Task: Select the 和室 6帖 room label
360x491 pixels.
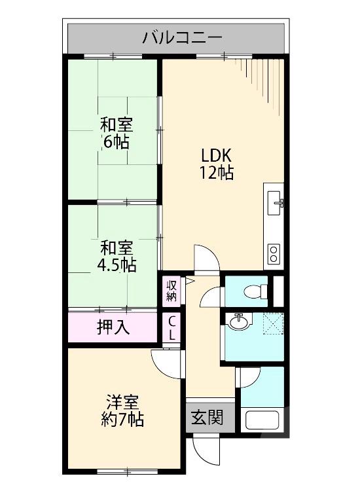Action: click(x=115, y=132)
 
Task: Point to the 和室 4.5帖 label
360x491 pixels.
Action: click(x=117, y=257)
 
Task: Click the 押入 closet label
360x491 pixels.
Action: click(x=113, y=327)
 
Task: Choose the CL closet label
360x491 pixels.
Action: click(x=172, y=328)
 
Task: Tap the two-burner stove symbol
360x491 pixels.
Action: click(x=274, y=251)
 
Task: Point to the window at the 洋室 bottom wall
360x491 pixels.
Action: click(x=121, y=472)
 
